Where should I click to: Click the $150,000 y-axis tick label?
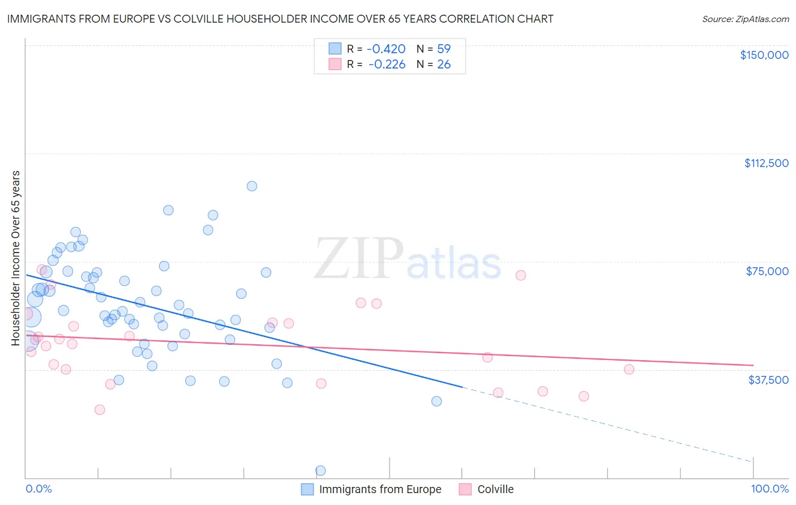tap(764, 55)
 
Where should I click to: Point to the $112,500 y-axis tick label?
tap(766, 163)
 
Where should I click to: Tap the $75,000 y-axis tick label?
tap(767, 271)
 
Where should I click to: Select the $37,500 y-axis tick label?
tap(768, 380)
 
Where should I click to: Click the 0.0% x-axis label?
tap(38, 489)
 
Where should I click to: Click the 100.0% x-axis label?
tap(769, 489)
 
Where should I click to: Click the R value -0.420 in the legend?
tap(387, 49)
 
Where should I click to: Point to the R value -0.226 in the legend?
tap(387, 65)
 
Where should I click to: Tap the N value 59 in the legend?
tap(444, 49)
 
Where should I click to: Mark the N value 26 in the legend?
tap(444, 65)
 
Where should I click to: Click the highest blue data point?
tap(252, 186)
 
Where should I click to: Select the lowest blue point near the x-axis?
tap(320, 470)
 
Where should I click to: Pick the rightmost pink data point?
tap(629, 370)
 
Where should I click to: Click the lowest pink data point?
tap(100, 410)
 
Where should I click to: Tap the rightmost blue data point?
tap(436, 401)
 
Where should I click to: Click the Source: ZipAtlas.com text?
tap(745, 19)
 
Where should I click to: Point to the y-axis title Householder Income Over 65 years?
tap(16, 258)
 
